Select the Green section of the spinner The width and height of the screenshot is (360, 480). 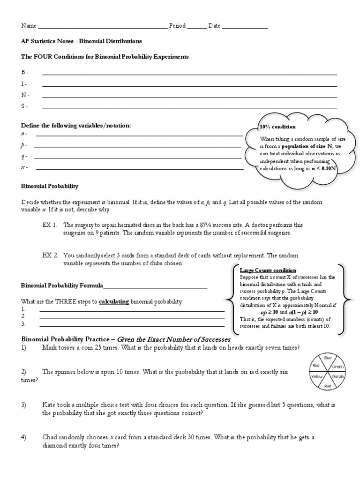[338, 367]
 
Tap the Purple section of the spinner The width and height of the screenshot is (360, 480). [338, 376]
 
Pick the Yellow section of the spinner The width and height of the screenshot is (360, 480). [317, 376]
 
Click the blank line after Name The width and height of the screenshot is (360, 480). [102, 26]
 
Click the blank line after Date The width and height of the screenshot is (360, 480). [244, 26]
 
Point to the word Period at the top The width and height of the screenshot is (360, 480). [177, 26]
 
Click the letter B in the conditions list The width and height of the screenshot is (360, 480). [23, 72]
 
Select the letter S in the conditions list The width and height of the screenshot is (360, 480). [23, 106]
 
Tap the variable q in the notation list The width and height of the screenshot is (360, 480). [23, 156]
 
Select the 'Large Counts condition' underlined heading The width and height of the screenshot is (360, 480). [268, 270]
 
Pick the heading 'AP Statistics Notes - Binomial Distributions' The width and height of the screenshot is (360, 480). [81, 41]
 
